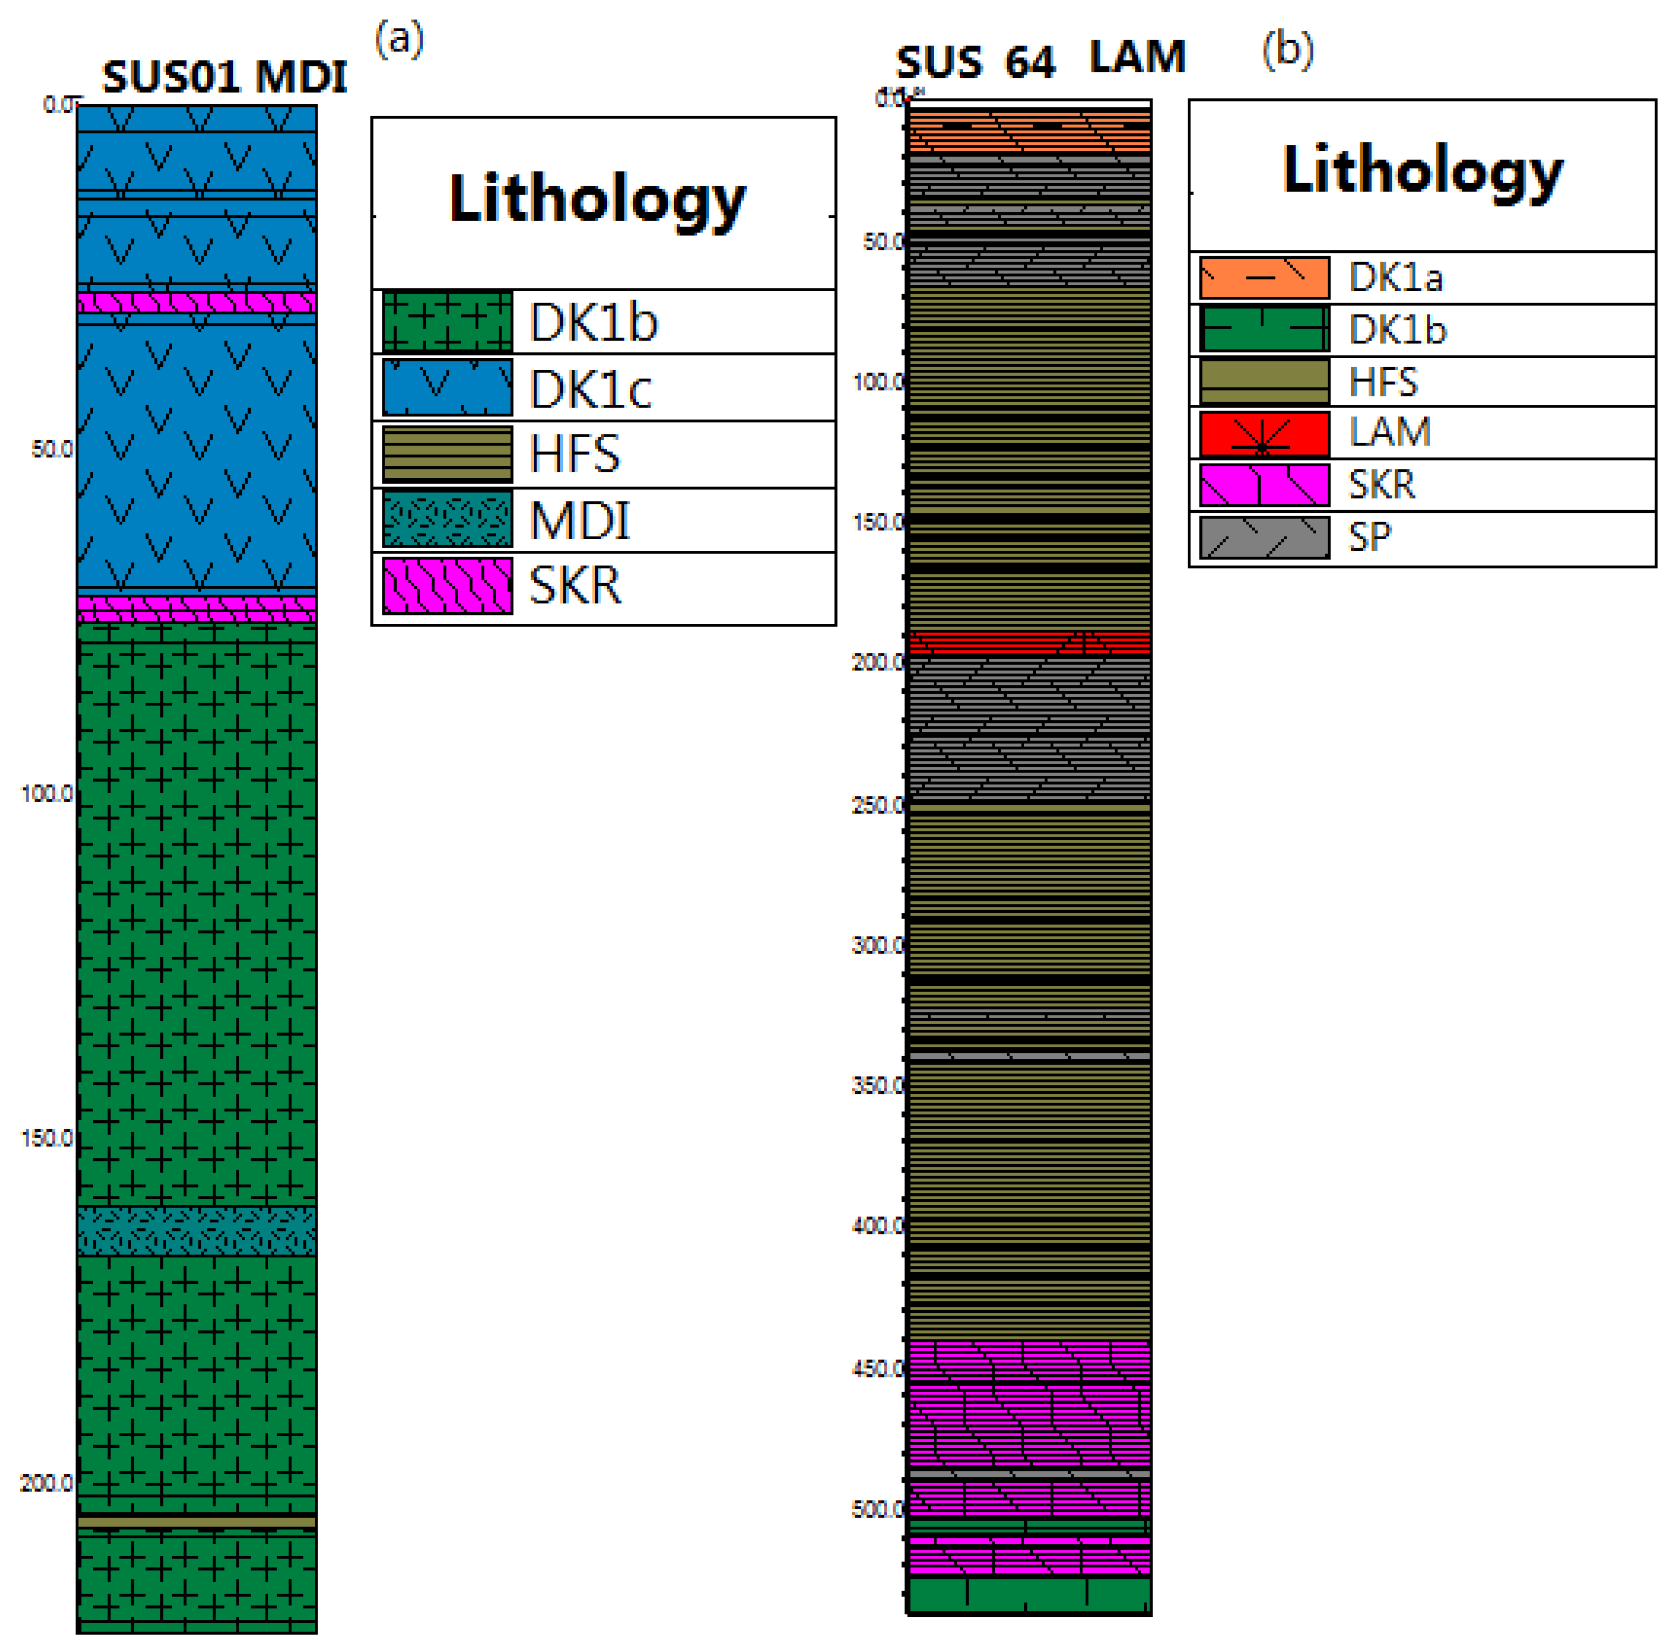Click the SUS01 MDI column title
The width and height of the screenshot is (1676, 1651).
(x=224, y=77)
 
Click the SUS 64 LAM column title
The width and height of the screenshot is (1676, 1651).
(x=1040, y=60)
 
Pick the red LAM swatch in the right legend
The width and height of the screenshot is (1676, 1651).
(x=1263, y=433)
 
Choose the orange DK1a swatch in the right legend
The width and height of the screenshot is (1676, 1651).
(x=1263, y=277)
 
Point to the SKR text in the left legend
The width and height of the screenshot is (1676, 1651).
(x=575, y=586)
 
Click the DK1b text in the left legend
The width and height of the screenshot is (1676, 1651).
(x=593, y=323)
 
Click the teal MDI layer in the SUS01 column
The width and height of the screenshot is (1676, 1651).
(x=197, y=1230)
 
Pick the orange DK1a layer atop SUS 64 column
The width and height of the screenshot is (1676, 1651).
(x=1028, y=130)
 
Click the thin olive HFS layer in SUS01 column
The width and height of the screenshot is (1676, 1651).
(x=197, y=1522)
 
